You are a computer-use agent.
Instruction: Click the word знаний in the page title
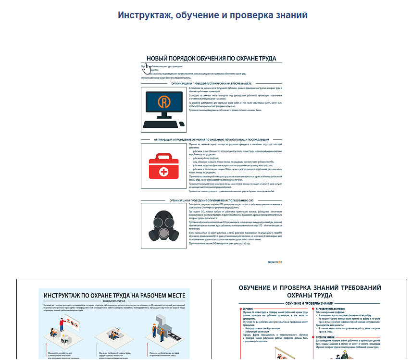pyautogui.click(x=289, y=15)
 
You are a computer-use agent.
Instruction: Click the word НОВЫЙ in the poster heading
pyautogui.click(x=160, y=58)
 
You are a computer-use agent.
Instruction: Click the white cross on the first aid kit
pyautogui.click(x=163, y=172)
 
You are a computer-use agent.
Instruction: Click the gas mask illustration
pyautogui.click(x=163, y=225)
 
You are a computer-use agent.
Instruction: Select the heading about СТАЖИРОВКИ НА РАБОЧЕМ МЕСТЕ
pyautogui.click(x=212, y=83)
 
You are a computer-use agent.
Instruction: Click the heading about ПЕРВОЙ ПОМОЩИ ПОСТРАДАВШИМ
pyautogui.click(x=212, y=139)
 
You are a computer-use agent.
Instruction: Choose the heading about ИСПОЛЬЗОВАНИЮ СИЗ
pyautogui.click(x=212, y=200)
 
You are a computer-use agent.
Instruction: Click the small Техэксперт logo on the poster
pyautogui.click(x=275, y=262)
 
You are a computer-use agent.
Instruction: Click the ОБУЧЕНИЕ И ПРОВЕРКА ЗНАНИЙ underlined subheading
pyautogui.click(x=309, y=303)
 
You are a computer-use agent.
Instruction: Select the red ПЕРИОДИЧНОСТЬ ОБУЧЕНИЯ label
pyautogui.click(x=332, y=309)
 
